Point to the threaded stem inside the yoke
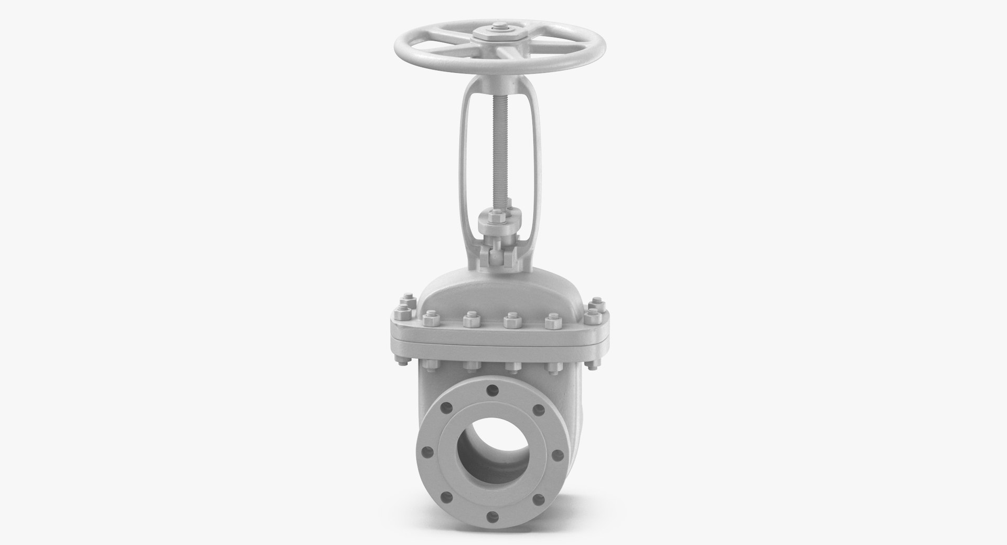tap(496, 147)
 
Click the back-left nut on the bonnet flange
tap(404, 305)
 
